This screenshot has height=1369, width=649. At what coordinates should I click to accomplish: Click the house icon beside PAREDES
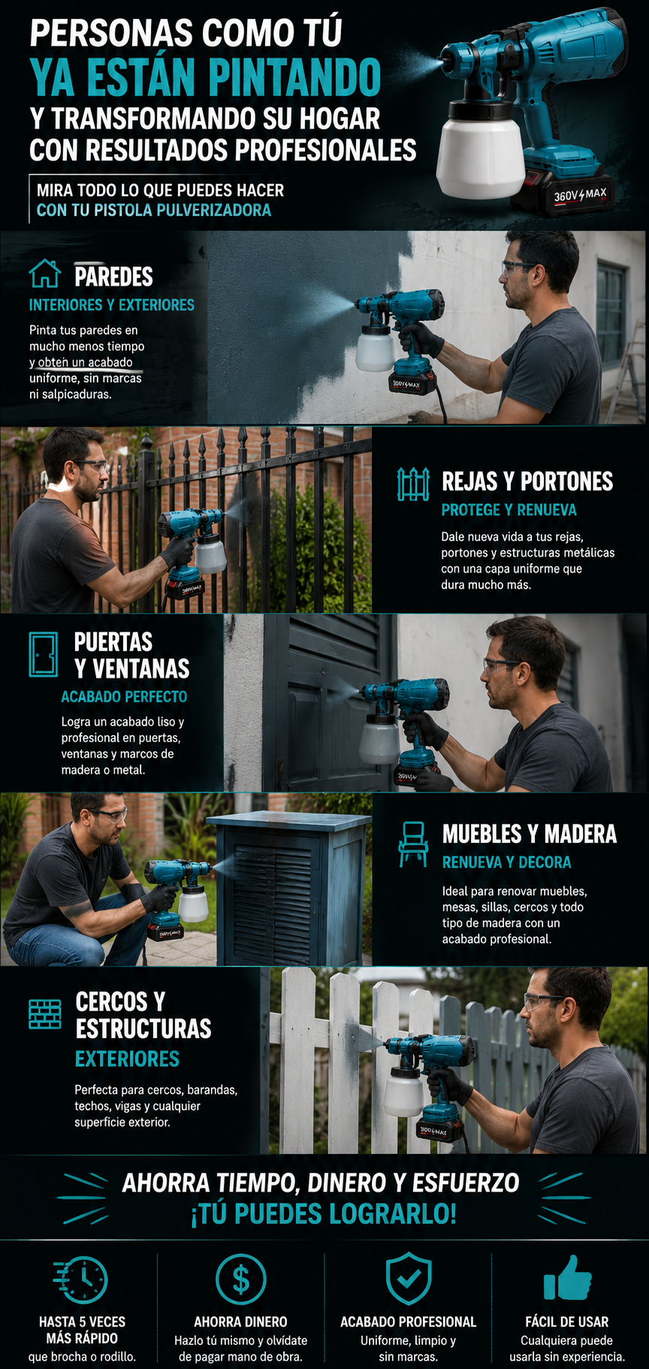coord(44,274)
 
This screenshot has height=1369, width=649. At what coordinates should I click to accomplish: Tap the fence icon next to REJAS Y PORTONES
coord(413,484)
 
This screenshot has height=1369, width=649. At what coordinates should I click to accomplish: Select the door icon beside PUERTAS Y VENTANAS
coord(43,655)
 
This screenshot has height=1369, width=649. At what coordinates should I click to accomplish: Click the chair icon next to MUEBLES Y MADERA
coord(412,844)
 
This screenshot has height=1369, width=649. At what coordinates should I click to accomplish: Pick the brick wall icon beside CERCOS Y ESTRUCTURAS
coord(44,1014)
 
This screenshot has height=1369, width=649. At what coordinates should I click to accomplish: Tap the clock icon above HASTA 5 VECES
coord(81,1280)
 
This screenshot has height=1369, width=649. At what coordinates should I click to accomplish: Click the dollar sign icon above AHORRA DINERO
coord(240,1279)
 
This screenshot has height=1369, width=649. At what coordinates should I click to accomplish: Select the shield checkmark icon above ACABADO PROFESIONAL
coord(408,1279)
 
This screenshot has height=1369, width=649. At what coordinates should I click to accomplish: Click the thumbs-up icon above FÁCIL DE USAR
coord(567,1277)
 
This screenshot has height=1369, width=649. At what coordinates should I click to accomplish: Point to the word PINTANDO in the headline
coord(294,77)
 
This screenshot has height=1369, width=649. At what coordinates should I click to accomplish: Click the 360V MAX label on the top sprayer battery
coord(579,195)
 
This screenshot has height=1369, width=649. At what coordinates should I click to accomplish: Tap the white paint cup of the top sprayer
coord(480,156)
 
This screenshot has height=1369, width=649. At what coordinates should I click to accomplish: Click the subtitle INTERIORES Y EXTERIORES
coord(112,304)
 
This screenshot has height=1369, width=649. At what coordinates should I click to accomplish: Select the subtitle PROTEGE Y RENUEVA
coord(509,510)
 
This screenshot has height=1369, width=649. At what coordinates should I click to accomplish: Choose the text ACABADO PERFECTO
coord(124,697)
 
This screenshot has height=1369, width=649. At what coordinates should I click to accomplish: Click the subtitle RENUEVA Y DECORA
coord(507,862)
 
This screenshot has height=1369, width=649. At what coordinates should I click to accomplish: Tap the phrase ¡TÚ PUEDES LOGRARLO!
coord(324,1213)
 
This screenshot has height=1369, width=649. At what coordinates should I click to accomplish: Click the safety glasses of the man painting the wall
coord(518,268)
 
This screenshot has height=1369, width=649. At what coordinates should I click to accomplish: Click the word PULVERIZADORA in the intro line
coord(213,210)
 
